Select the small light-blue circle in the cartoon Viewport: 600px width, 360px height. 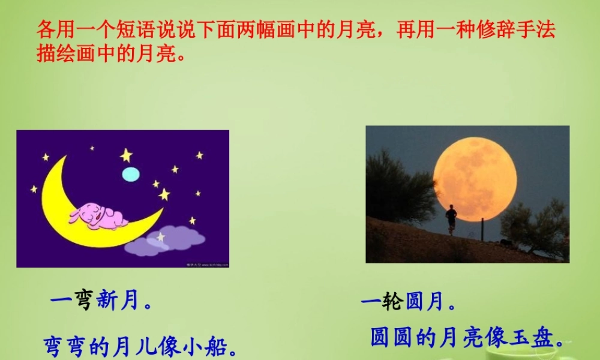click(131, 174)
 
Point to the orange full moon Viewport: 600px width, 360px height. click(475, 179)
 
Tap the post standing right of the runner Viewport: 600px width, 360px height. click(482, 229)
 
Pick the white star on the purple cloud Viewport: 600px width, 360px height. click(160, 237)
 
